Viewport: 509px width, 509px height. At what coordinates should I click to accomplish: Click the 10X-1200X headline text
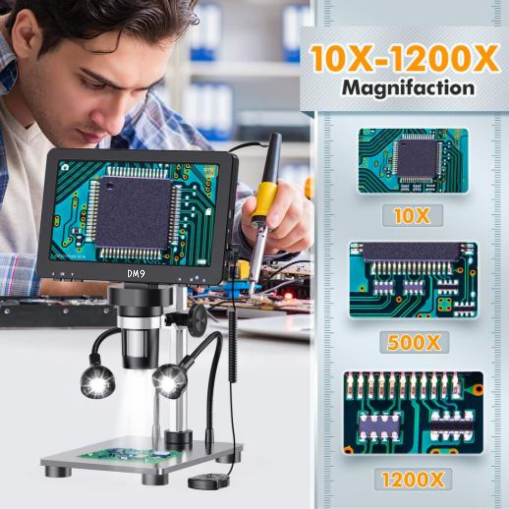pos(405,58)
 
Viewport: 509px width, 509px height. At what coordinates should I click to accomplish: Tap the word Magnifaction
pos(408,88)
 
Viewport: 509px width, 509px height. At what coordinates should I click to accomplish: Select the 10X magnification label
pos(412,216)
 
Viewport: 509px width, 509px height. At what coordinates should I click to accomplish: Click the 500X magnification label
pos(414,343)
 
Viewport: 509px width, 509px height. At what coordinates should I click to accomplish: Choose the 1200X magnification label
pos(413,479)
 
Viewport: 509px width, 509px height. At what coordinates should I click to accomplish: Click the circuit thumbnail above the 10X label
pos(413,161)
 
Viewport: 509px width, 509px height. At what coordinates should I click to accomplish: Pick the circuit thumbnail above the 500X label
pos(413,280)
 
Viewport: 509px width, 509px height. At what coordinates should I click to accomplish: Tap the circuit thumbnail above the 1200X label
pos(413,413)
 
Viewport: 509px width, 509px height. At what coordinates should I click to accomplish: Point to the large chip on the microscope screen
pos(134,213)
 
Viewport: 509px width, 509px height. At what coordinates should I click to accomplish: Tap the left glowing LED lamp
pos(98,382)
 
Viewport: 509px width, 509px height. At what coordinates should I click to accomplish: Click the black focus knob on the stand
pos(197,320)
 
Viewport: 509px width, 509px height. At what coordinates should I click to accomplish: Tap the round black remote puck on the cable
pos(208,481)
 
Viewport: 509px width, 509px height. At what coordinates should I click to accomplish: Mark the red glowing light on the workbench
pos(287,296)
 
